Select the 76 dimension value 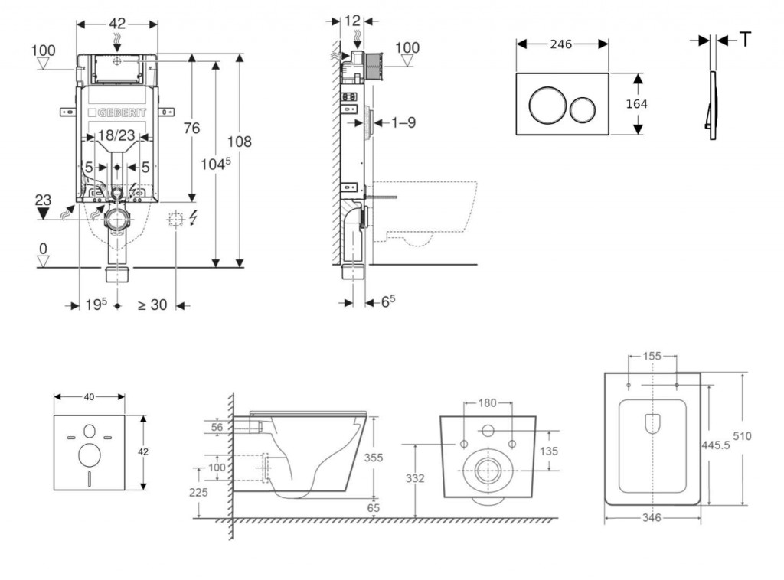(x=191, y=128)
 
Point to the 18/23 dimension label (x=116, y=136)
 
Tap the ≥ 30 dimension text (x=152, y=304)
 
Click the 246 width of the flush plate (x=561, y=44)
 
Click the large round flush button (x=548, y=105)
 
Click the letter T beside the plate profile (x=744, y=41)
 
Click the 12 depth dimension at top (x=352, y=21)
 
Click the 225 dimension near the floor (x=199, y=494)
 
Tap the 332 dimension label (x=414, y=478)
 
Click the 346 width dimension (x=652, y=518)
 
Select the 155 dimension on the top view (x=652, y=356)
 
